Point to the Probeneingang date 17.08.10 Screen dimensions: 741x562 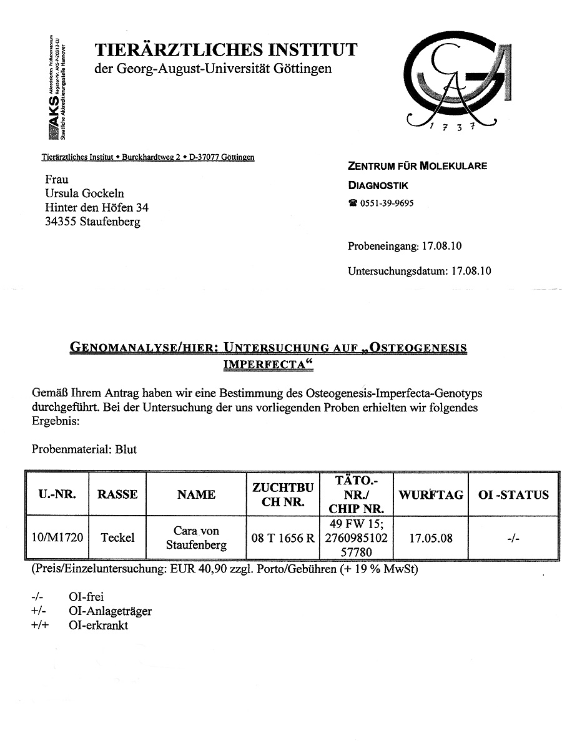tap(441, 246)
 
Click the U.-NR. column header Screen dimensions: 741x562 tap(57, 494)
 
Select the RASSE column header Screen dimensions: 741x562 tap(117, 494)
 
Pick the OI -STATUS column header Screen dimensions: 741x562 tap(513, 494)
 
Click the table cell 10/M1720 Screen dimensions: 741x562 tap(57, 537)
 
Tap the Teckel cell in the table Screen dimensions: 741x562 tap(117, 537)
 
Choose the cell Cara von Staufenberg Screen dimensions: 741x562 tap(196, 537)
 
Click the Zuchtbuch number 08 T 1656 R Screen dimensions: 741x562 tap(283, 537)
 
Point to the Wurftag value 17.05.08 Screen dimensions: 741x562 tap(430, 537)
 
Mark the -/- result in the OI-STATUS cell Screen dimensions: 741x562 tap(513, 537)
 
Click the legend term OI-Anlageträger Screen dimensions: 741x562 tap(110, 611)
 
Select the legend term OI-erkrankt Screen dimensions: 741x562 tap(99, 626)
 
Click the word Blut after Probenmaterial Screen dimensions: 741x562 tap(126, 449)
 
